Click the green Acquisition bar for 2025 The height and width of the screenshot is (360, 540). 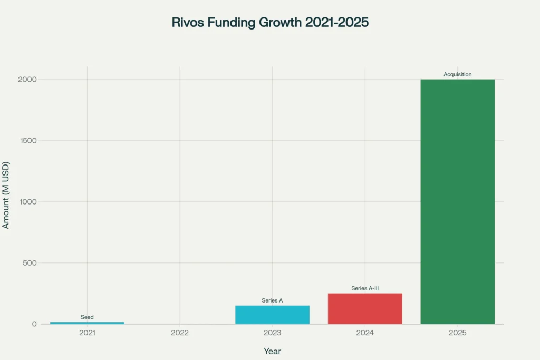click(457, 201)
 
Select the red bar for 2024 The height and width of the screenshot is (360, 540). click(365, 308)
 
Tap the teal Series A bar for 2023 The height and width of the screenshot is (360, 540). click(272, 315)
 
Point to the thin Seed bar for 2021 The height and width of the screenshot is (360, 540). click(87, 323)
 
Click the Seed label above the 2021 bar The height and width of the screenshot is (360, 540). click(87, 317)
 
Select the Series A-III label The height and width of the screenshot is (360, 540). click(365, 288)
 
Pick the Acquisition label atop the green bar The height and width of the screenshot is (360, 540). click(457, 74)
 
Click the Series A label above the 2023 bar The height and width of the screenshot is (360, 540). click(272, 300)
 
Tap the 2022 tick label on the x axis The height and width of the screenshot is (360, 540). click(180, 333)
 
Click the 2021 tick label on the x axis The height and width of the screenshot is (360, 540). click(87, 333)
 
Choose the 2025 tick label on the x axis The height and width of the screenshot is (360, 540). click(457, 333)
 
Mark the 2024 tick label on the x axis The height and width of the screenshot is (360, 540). click(365, 333)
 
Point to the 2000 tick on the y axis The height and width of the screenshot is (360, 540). click(27, 80)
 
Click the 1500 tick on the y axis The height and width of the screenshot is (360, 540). click(27, 141)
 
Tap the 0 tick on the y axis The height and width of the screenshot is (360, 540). click(34, 324)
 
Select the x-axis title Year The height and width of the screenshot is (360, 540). click(272, 351)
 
